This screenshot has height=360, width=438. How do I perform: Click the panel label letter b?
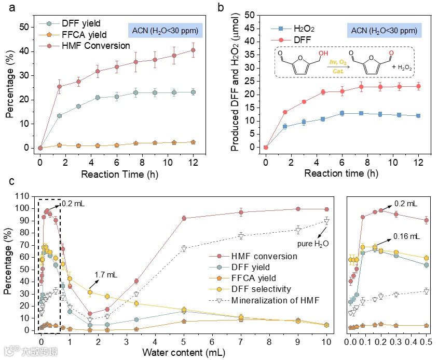click(x=221, y=8)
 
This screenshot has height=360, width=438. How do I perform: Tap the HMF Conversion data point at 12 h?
click(x=193, y=50)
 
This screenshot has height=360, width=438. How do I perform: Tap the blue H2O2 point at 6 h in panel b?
click(x=341, y=113)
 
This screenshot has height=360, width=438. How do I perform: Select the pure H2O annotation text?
click(x=311, y=243)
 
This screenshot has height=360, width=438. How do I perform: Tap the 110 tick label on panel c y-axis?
click(x=24, y=196)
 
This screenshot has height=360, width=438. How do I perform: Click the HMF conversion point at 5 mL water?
click(x=184, y=218)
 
